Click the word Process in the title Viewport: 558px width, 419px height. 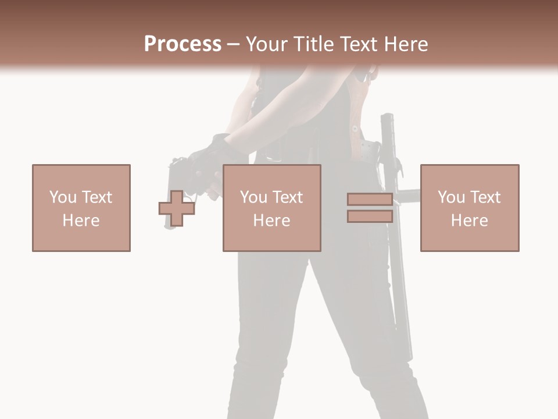[x=183, y=44]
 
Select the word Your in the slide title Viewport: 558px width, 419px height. [x=267, y=44]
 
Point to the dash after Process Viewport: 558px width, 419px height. [x=233, y=45]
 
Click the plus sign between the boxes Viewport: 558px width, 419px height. [x=177, y=208]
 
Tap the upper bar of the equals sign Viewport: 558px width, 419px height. [x=370, y=200]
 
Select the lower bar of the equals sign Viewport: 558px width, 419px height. [x=370, y=216]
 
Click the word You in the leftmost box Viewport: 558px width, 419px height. [x=63, y=197]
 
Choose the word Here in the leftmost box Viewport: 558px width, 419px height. [x=81, y=221]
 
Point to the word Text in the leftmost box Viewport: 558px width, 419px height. [x=96, y=197]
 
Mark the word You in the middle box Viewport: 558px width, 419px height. [x=253, y=197]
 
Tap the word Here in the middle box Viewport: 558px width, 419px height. [x=271, y=221]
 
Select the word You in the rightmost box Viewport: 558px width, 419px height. [x=451, y=197]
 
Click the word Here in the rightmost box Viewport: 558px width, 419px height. [x=469, y=221]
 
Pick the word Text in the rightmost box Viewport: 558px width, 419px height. [x=485, y=197]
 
